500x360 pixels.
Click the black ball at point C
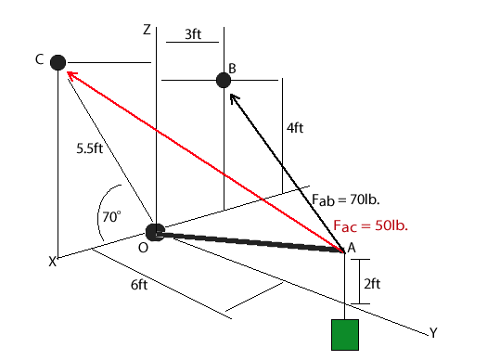[x=58, y=62]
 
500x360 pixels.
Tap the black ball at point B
[x=224, y=81]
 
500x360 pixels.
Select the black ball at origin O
[x=155, y=232]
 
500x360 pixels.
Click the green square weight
[x=345, y=335]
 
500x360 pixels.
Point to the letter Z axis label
[x=147, y=30]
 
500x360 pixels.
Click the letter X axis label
[x=53, y=263]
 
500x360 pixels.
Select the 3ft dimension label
[x=194, y=34]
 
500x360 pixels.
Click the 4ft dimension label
[x=294, y=129]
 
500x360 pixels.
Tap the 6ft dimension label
[x=140, y=284]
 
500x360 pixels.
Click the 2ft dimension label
[x=371, y=284]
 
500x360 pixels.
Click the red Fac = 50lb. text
[x=371, y=225]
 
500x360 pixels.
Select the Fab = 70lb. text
[x=347, y=199]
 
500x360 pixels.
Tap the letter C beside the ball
[x=39, y=59]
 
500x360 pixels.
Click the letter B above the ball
[x=232, y=68]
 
